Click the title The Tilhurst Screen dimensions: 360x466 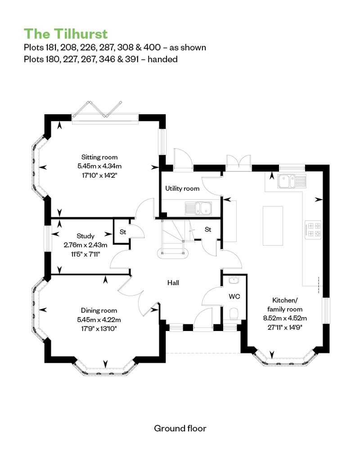(x=66, y=34)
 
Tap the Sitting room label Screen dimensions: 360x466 (x=99, y=157)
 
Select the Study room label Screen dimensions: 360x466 (x=85, y=236)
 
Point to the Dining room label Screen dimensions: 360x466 (x=99, y=310)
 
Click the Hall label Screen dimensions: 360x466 (x=173, y=282)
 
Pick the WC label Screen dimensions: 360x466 (x=234, y=296)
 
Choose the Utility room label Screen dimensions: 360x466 (x=182, y=188)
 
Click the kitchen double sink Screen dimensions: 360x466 (x=292, y=181)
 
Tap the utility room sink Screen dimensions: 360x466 (x=198, y=208)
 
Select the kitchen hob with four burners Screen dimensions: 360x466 (x=313, y=230)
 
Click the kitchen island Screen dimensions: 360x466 (x=273, y=225)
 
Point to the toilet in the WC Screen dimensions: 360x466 (x=234, y=314)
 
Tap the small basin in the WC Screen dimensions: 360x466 (x=234, y=280)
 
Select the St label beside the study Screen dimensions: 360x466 (x=123, y=232)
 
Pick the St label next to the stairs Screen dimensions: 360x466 (x=208, y=229)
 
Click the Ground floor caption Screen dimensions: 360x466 (x=180, y=428)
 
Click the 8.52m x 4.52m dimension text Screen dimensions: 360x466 (x=285, y=318)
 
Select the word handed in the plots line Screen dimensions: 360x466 (x=162, y=59)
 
